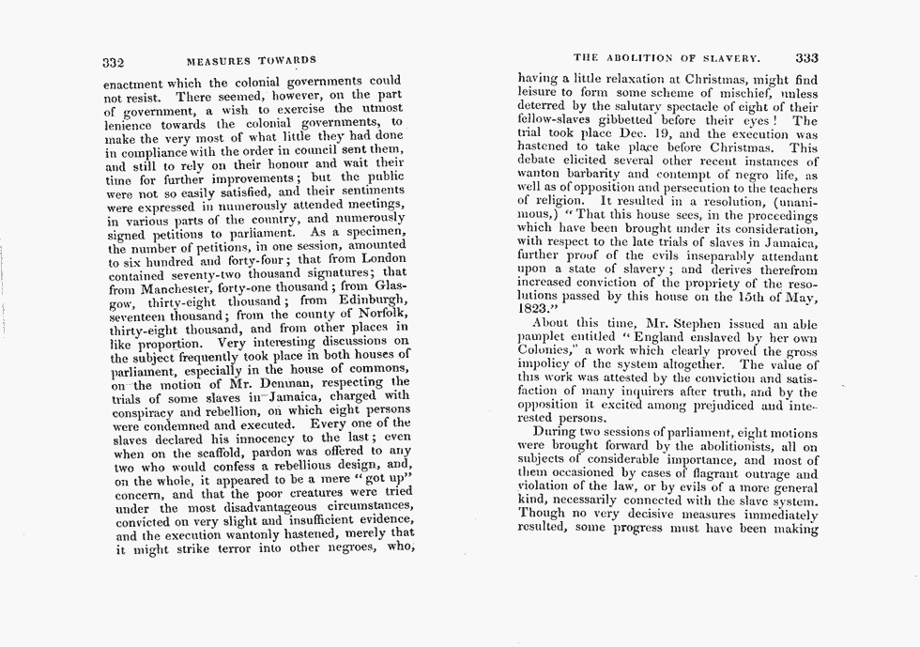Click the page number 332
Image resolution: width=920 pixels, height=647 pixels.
113,62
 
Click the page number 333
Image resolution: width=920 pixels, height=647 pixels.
806,57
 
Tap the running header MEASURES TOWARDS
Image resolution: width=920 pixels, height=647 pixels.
251,62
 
